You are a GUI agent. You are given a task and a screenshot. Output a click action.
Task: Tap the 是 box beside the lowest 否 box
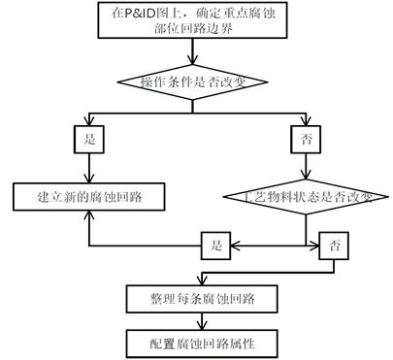pyautogui.click(x=216, y=245)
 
